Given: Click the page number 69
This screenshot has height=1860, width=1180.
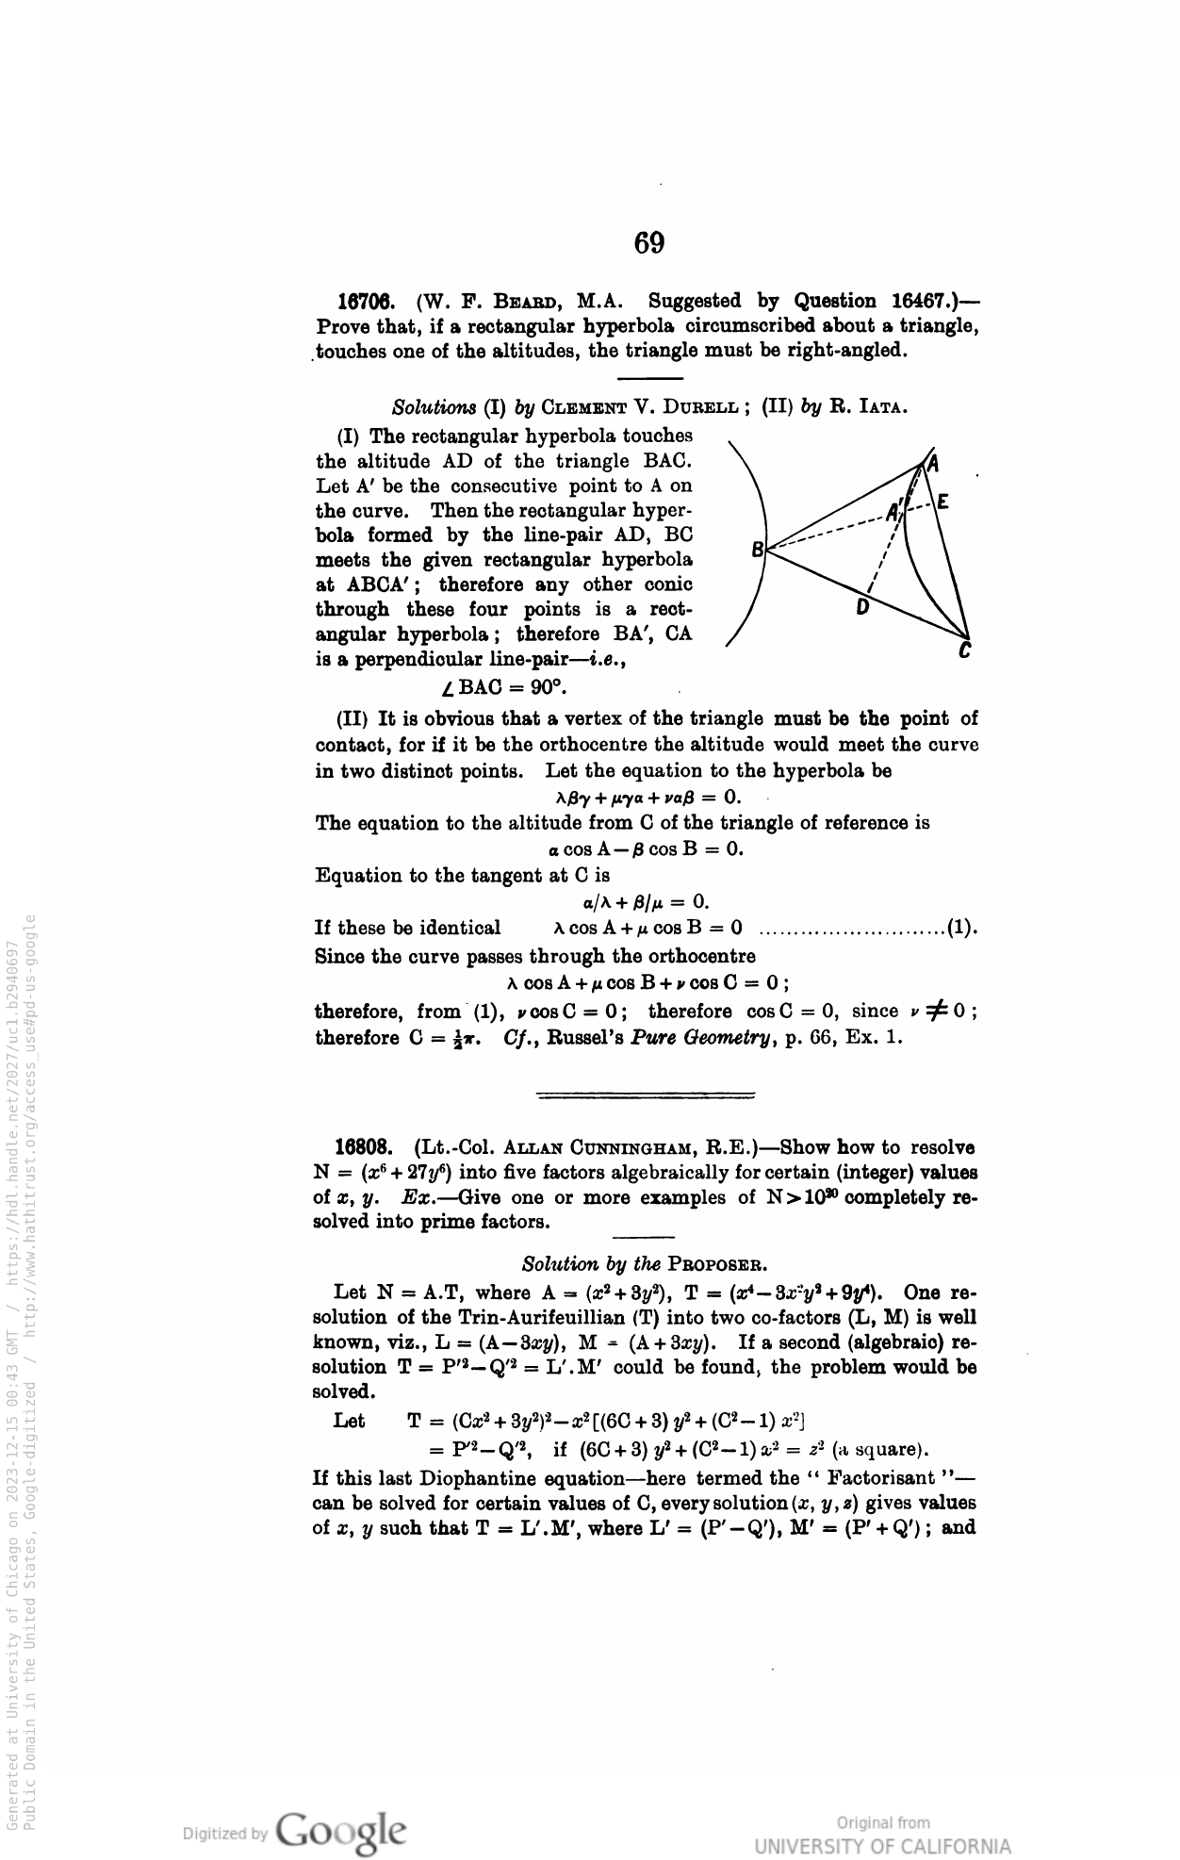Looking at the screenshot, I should click(x=648, y=244).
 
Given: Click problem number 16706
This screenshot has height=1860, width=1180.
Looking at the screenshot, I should click(x=370, y=302).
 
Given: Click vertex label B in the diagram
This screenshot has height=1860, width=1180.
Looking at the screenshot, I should click(x=756, y=548).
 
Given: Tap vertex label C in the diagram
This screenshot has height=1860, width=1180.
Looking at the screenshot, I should click(x=964, y=650).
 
